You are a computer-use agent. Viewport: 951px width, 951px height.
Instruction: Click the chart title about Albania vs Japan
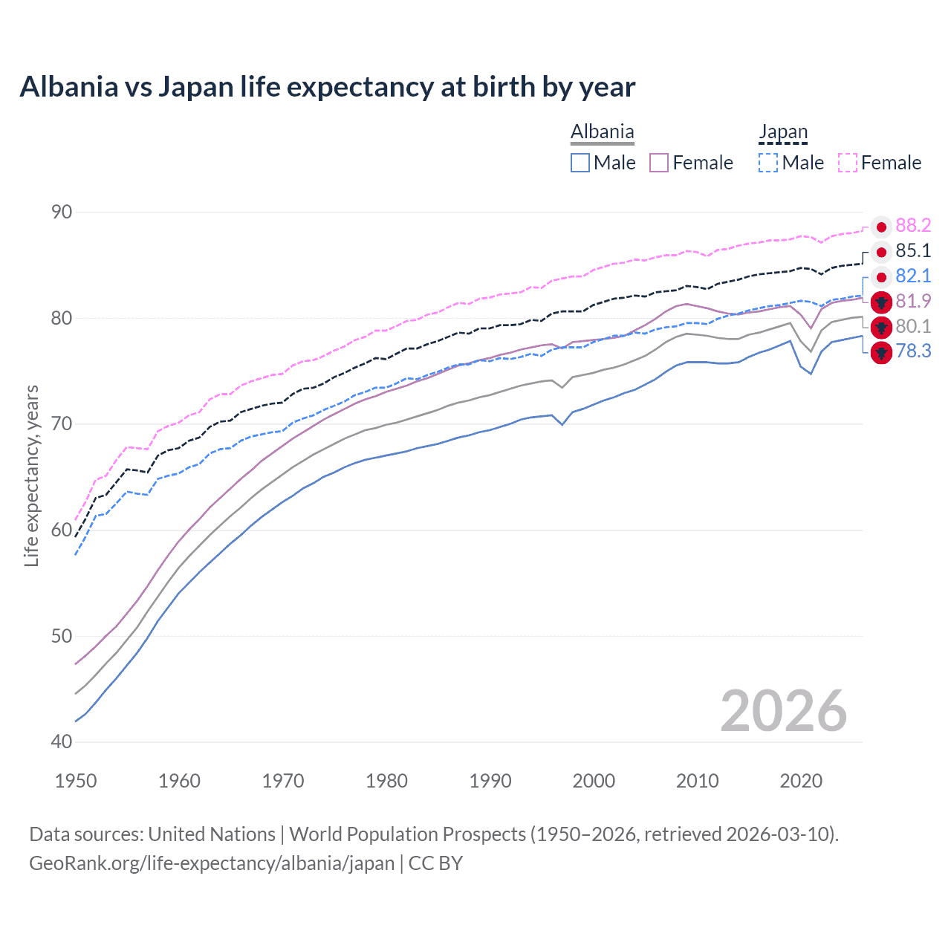(327, 87)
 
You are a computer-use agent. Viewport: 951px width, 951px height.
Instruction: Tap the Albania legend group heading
(603, 132)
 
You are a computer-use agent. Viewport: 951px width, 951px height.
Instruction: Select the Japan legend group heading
(783, 132)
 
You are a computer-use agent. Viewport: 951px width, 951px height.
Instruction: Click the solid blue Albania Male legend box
(580, 163)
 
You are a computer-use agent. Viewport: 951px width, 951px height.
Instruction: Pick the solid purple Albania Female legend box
(660, 163)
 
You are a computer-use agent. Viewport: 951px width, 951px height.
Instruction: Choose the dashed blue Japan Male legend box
(768, 163)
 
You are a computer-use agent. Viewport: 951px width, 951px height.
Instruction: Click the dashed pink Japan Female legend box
(848, 163)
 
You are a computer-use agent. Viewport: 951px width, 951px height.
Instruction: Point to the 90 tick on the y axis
(62, 212)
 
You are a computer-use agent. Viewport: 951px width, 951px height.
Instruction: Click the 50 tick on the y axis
(62, 637)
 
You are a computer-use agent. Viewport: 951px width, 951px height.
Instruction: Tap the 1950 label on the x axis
(76, 781)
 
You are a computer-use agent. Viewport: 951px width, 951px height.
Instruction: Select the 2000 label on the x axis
(594, 781)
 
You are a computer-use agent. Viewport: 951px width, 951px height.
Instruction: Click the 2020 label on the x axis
(801, 781)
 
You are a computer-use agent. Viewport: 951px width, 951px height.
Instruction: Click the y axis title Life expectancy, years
(32, 475)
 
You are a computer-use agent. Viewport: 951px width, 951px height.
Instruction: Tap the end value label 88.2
(913, 226)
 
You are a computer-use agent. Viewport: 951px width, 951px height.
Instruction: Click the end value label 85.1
(913, 251)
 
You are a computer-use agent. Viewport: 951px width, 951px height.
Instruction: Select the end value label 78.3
(913, 351)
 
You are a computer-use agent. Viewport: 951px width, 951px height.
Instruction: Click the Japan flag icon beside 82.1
(881, 277)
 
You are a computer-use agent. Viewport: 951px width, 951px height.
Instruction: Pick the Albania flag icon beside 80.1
(881, 327)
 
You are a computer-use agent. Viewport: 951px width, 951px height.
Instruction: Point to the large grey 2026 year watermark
(783, 711)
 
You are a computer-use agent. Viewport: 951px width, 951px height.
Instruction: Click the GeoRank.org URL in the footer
(212, 863)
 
